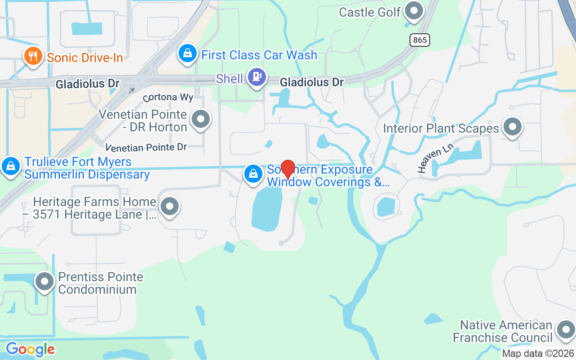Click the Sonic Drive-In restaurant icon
pos(32,56)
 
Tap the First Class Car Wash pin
pos(188,54)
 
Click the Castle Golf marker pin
pos(414,10)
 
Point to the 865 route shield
pos(420,40)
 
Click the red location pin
pos(288,169)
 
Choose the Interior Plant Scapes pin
pos(512,126)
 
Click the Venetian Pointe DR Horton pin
pos(200,120)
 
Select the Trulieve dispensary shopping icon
pos(11,166)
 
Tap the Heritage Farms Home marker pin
pos(170,207)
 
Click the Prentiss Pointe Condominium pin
pos(45,282)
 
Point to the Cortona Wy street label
pos(168,97)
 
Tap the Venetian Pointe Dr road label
pos(146,147)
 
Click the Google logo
pos(30,349)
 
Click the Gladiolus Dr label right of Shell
pos(311,82)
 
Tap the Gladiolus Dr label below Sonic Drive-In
pos(87,84)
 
